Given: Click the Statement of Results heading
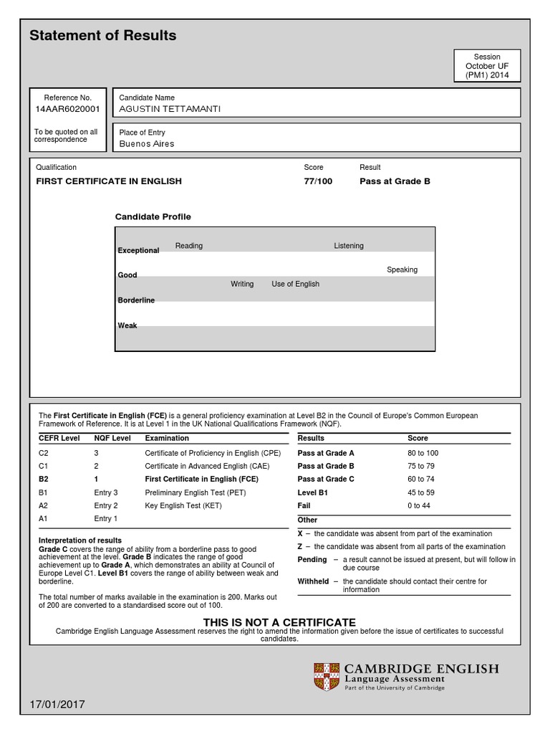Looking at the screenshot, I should [102, 36].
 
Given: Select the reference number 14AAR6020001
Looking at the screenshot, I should [67, 110].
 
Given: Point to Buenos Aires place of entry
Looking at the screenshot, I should [146, 143].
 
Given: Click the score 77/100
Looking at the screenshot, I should [318, 181].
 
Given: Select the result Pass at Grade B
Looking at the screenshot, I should [395, 181].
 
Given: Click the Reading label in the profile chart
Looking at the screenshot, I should [189, 246].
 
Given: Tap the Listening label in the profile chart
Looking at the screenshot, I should [349, 246].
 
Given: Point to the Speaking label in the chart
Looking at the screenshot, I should [402, 270].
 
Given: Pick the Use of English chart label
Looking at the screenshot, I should [295, 284].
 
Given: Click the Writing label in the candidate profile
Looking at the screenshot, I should [242, 284].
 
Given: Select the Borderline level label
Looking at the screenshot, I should [136, 300].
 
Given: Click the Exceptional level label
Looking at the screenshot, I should [138, 251].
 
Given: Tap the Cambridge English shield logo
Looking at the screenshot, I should [326, 677].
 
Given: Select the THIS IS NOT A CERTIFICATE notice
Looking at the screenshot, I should [279, 622].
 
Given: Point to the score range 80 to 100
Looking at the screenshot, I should [423, 453].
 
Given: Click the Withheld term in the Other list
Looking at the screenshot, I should [313, 581].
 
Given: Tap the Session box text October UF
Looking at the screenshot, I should [487, 66].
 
